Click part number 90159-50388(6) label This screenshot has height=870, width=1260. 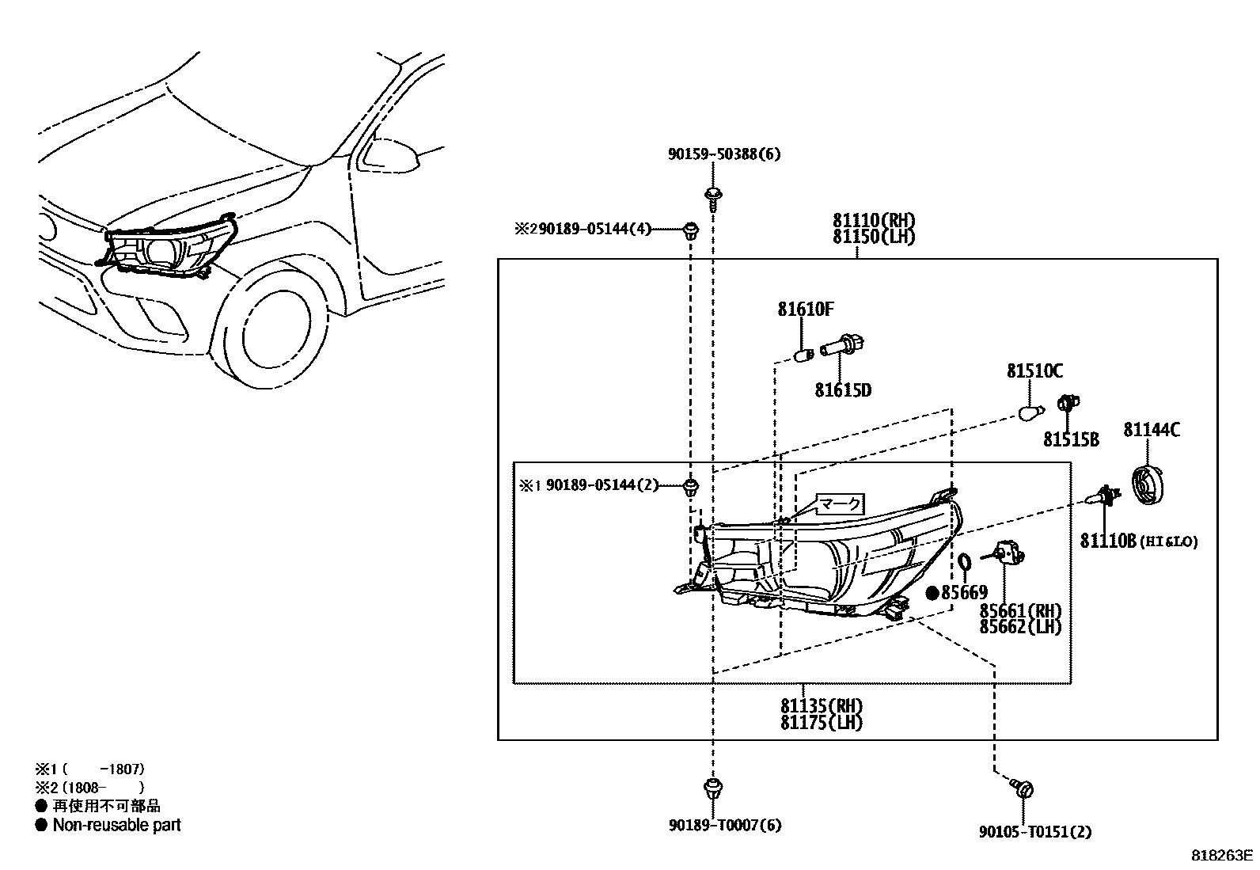point(723,154)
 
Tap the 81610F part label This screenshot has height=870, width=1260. point(805,310)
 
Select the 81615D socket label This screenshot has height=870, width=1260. point(843,390)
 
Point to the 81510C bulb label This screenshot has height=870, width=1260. point(1034,371)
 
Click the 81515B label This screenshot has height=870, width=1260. point(1070,440)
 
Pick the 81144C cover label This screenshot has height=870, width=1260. point(1152,430)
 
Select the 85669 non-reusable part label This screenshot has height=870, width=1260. point(963,592)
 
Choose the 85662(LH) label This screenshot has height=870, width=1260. point(1020,627)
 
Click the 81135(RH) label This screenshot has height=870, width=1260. point(821,706)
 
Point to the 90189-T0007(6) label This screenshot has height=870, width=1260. point(724,826)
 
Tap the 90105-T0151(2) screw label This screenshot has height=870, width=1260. point(1035,832)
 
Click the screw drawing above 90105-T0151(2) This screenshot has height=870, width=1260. point(1023,788)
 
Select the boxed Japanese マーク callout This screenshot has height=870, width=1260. point(840,503)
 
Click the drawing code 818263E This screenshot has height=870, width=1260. point(1223,856)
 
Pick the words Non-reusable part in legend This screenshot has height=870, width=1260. point(116,825)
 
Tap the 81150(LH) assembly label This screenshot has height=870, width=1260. point(873,237)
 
